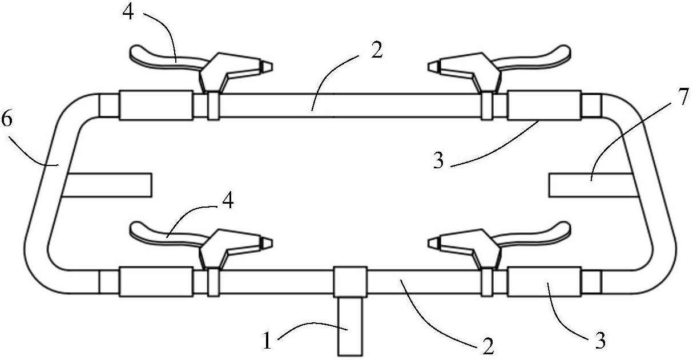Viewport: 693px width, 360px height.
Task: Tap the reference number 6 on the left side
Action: [x=7, y=119]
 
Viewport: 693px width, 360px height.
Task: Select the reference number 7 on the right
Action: [x=683, y=96]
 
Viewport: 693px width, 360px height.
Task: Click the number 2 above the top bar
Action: [x=377, y=50]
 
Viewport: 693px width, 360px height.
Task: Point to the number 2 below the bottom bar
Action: [x=488, y=346]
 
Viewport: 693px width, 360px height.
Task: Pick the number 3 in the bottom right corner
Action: [x=600, y=341]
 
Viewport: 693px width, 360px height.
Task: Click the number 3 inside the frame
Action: [x=438, y=161]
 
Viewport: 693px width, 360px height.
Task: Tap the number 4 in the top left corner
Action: [x=128, y=13]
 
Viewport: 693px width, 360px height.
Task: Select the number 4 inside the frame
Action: [x=228, y=200]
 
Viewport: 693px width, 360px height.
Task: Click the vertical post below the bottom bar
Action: [x=350, y=326]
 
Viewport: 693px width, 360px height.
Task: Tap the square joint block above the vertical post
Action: [x=350, y=281]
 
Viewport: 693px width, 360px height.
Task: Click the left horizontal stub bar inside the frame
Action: [x=107, y=185]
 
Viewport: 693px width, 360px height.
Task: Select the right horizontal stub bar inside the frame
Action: [x=594, y=185]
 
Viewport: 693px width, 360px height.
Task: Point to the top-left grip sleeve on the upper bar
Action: [x=156, y=106]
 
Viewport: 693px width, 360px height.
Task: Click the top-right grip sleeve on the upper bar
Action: [x=545, y=106]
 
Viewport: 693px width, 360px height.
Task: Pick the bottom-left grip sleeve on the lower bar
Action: [x=156, y=281]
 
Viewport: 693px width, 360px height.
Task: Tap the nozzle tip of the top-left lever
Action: [x=267, y=67]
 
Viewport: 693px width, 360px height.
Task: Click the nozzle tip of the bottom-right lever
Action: [x=434, y=244]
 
